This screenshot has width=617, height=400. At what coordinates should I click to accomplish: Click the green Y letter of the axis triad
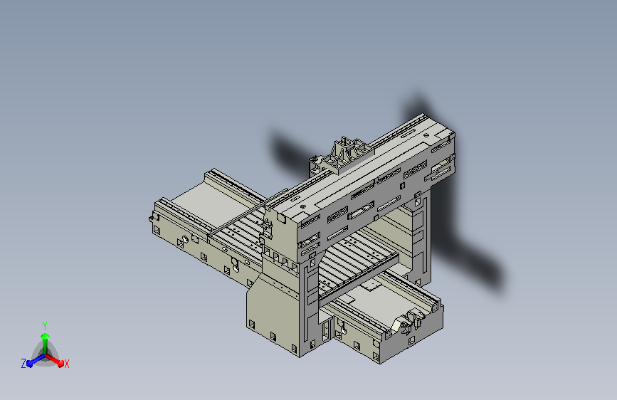point(45,326)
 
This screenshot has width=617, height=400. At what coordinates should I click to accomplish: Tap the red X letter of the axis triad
point(66,364)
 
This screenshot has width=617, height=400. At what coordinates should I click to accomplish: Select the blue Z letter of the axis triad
point(23,364)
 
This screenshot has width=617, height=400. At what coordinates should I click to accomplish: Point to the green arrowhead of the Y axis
point(45,336)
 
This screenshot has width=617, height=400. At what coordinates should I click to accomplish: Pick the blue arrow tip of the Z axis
point(30,363)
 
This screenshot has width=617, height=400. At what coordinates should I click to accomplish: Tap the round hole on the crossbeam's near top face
point(302,206)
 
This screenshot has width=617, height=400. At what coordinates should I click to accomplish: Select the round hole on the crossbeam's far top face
point(426,135)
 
